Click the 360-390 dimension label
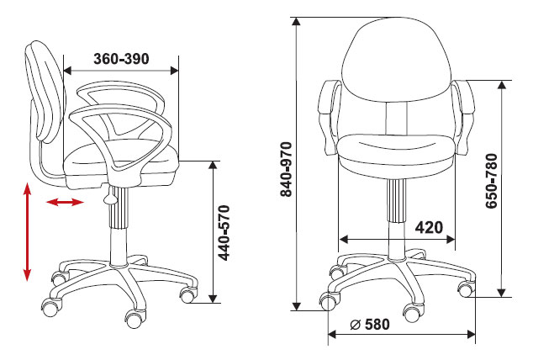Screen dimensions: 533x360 (x=121, y=59)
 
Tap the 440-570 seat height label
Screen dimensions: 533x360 (x=224, y=233)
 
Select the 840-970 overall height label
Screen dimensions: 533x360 (x=286, y=169)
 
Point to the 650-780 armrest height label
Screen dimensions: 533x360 (x=492, y=181)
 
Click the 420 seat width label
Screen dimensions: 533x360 (x=429, y=227)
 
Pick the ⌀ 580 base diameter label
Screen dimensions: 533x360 (x=370, y=325)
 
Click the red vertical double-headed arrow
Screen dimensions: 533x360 (x=27, y=232)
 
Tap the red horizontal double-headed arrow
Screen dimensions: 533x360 (x=65, y=203)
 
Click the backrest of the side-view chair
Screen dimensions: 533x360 (x=46, y=92)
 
